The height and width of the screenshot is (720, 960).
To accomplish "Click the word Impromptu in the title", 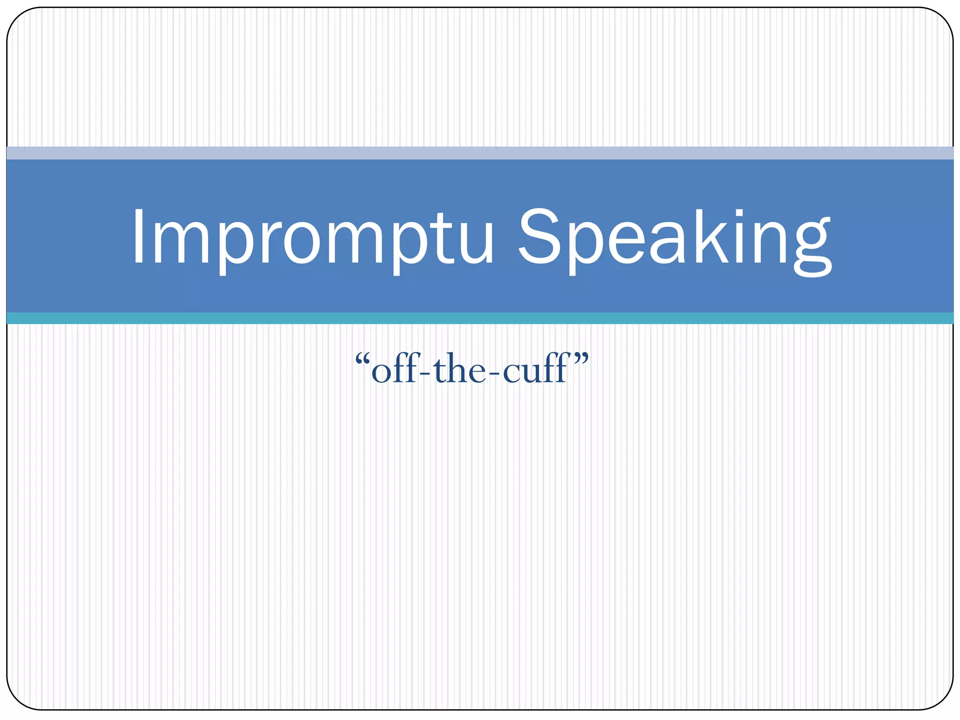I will [x=312, y=239].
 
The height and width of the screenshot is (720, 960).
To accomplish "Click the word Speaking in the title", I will [x=675, y=239].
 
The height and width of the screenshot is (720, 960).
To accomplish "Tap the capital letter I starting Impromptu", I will [x=139, y=237].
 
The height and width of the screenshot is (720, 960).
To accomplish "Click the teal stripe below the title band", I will [x=480, y=318].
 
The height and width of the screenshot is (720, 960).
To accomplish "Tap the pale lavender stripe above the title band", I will [x=480, y=153].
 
